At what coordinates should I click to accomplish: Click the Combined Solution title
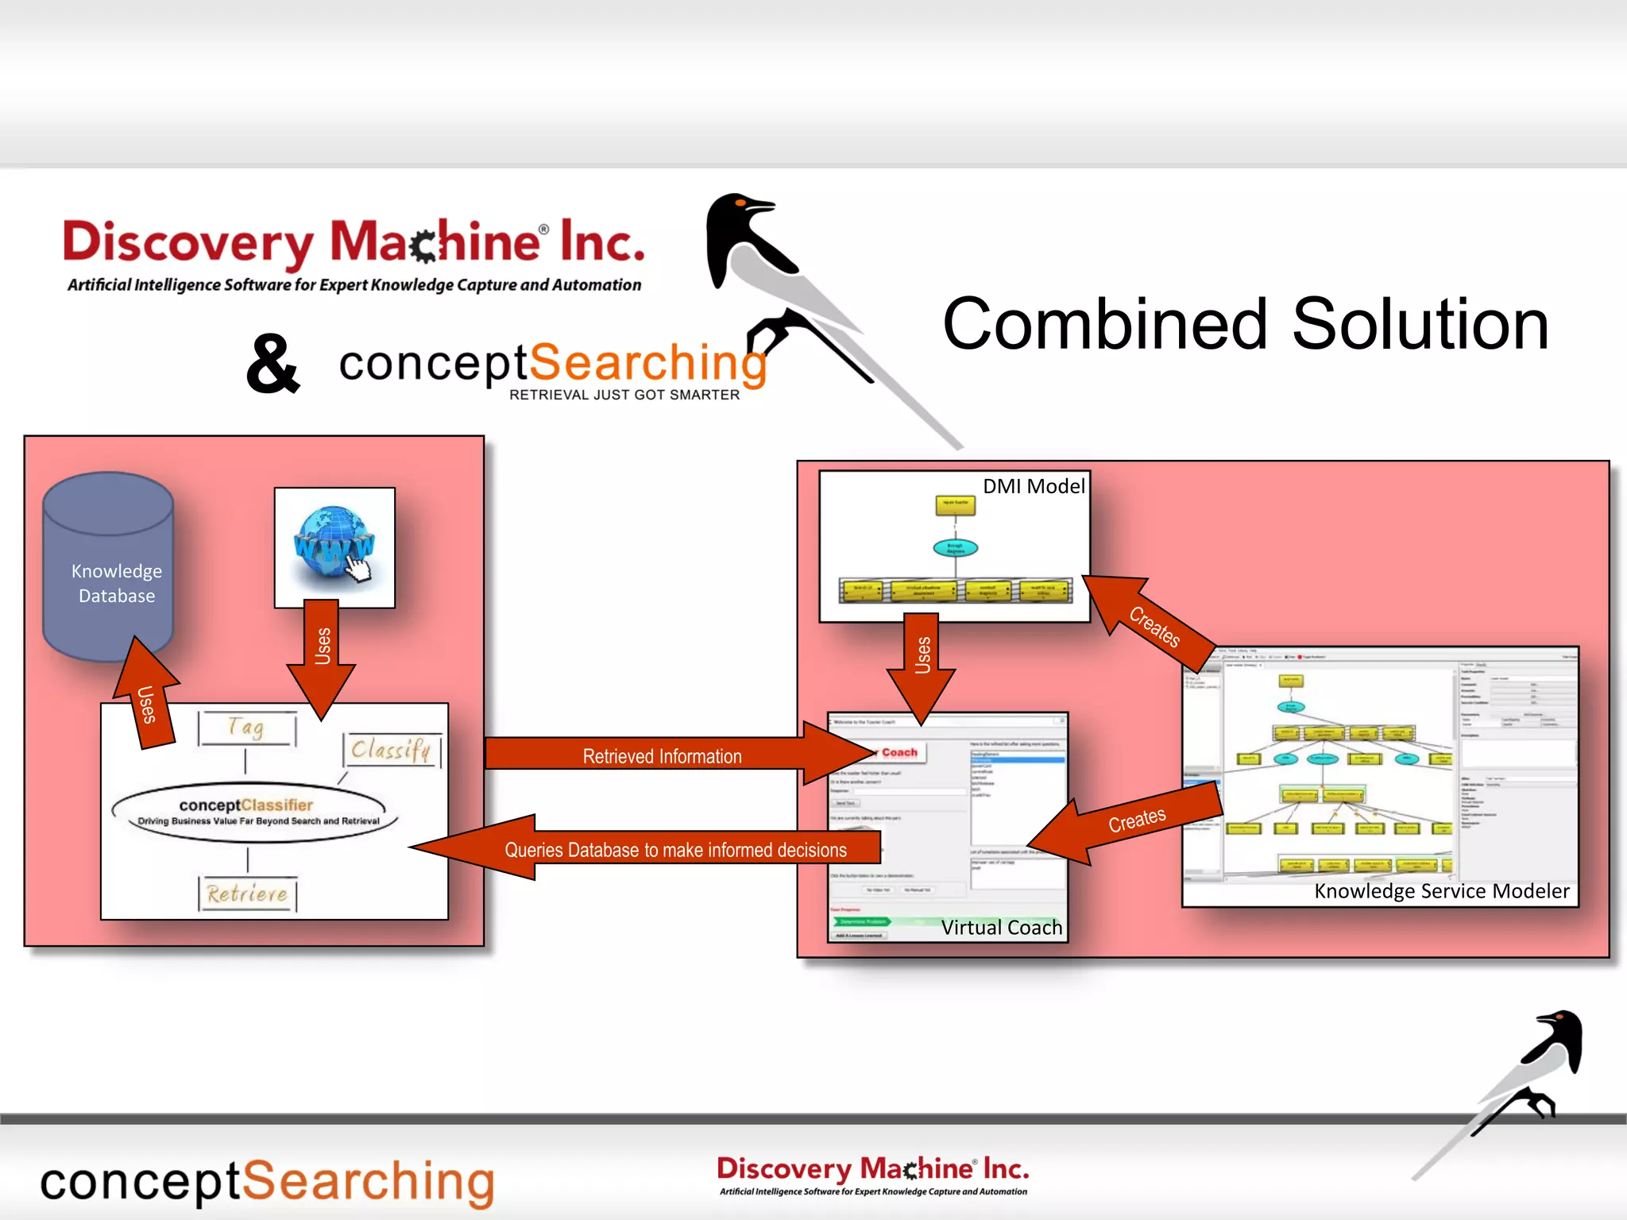coord(1245,325)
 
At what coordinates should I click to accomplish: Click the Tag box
coord(247,728)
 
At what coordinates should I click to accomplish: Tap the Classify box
coord(391,749)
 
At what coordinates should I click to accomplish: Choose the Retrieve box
coord(247,894)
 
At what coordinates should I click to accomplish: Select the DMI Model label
coord(1033,486)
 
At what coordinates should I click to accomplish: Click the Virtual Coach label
coord(1001,927)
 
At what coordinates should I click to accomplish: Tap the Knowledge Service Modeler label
coord(1441,890)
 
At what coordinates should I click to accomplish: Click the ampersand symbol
coord(272,364)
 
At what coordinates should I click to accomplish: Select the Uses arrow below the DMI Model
coord(922,663)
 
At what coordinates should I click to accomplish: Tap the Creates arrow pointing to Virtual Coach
coord(1132,822)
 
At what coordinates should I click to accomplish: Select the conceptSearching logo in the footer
coord(268,1182)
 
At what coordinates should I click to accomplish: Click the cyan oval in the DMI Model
coord(955,547)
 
